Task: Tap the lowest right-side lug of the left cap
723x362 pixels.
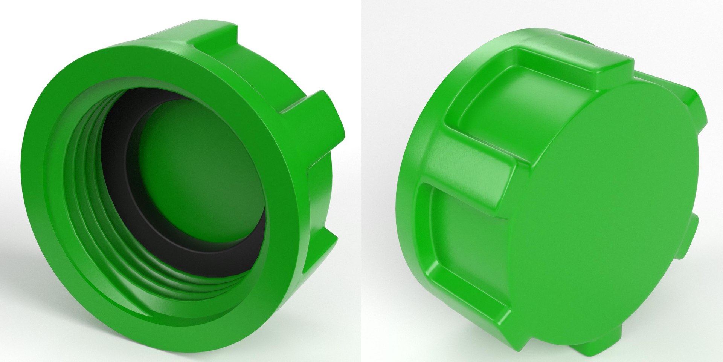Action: click(x=324, y=256)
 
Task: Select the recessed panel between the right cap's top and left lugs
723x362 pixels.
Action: click(x=497, y=94)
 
